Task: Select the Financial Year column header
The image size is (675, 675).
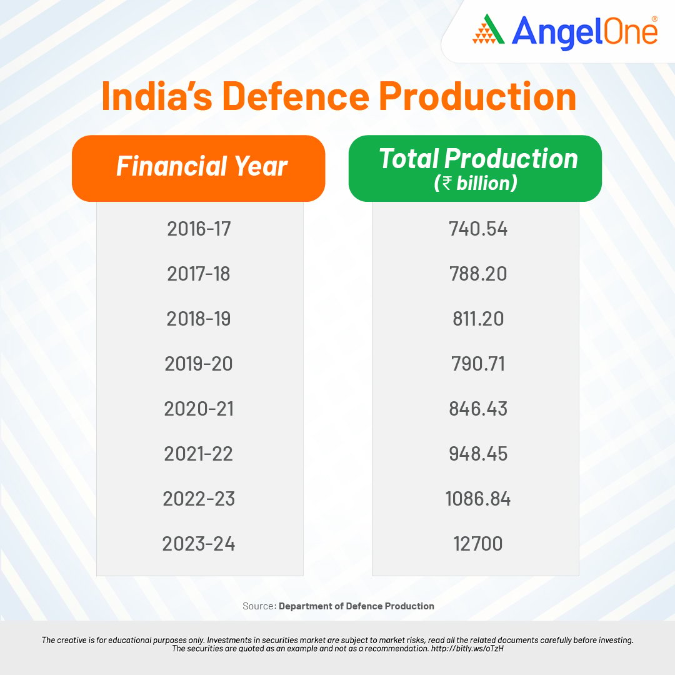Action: (201, 167)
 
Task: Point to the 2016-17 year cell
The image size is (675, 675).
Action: (199, 229)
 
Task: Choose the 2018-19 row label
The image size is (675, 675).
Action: (199, 319)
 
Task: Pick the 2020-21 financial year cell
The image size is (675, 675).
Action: (199, 409)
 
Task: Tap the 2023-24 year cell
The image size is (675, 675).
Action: (199, 544)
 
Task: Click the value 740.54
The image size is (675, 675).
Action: (478, 229)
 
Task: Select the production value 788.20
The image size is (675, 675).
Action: (478, 274)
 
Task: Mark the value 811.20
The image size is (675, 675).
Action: (478, 319)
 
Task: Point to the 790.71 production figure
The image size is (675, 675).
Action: (478, 364)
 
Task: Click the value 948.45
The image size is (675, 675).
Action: (478, 454)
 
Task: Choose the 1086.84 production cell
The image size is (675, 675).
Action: (478, 499)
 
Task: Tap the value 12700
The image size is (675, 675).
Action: (478, 544)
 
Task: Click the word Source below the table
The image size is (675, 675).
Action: (258, 606)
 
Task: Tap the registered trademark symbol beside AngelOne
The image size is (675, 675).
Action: (654, 19)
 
